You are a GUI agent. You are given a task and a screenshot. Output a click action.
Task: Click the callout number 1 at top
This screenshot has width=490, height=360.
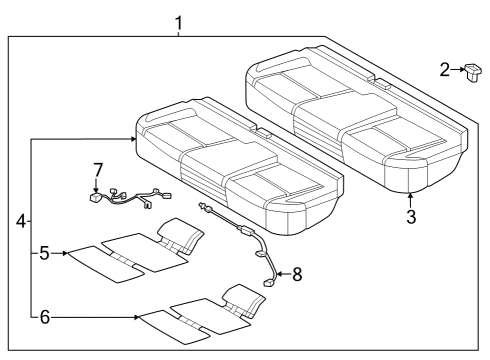pos(179,21)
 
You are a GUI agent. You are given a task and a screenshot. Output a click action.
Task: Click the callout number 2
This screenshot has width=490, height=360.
pos(445,69)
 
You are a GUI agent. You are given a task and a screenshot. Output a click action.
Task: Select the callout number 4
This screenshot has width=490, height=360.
pos(21,219)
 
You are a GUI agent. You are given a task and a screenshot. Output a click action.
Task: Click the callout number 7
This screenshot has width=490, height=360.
pos(96,169)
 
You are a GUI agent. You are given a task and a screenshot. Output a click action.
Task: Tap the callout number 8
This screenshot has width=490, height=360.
pos(297,273)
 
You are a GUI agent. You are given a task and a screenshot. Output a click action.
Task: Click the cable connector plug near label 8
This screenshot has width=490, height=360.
pos(269,284)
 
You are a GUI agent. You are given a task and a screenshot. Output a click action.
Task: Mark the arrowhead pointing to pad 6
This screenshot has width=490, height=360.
pos(137,318)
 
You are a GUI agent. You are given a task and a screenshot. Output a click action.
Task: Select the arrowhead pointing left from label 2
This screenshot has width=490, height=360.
pos(458,69)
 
